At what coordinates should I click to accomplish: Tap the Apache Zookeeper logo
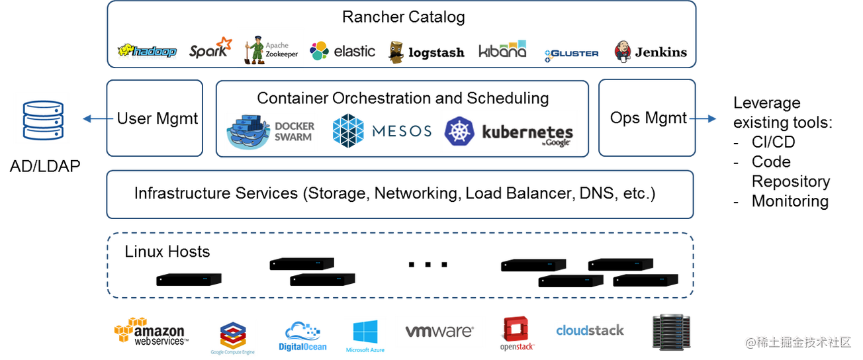click(x=270, y=50)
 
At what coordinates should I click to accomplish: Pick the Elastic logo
click(x=341, y=51)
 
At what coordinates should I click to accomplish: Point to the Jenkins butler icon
click(x=623, y=51)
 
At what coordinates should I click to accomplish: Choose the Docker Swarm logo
click(x=270, y=131)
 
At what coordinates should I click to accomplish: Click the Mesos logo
click(x=382, y=130)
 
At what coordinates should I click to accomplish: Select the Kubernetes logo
click(x=508, y=131)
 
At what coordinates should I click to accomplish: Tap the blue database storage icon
click(x=42, y=118)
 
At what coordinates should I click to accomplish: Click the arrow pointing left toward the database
click(x=97, y=119)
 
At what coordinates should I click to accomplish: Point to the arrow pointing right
click(x=702, y=119)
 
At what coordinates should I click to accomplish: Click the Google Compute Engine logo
click(x=232, y=337)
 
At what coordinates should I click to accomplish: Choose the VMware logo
click(x=439, y=331)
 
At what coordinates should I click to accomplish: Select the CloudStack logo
click(x=590, y=330)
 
